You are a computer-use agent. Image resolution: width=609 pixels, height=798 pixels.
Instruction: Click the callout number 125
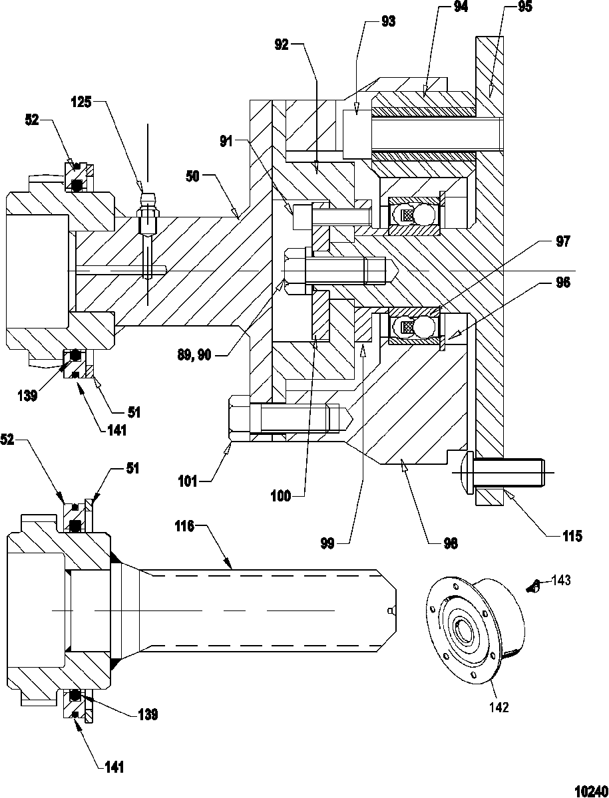81,102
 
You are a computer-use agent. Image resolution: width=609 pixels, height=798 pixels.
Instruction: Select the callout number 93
388,22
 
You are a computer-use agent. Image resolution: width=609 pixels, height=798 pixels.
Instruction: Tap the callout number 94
461,7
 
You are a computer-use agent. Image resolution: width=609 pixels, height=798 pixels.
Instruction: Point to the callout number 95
524,7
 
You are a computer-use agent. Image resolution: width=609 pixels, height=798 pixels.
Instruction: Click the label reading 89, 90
194,355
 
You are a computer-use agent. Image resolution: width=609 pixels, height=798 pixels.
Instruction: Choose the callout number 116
184,526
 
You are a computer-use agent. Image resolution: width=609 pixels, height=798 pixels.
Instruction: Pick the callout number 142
499,707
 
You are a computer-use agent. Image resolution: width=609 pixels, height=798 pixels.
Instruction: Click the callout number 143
561,581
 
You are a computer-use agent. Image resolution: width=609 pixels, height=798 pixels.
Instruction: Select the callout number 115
572,536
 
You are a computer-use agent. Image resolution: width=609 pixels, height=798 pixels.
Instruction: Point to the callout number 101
188,482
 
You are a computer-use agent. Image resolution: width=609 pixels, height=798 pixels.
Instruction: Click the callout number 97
563,242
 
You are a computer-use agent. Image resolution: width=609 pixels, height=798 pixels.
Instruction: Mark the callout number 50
193,177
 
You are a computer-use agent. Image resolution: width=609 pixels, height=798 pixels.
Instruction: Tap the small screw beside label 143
534,587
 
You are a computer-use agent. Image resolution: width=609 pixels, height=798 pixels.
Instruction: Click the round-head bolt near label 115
502,473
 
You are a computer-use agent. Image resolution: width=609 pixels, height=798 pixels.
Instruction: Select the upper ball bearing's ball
424,215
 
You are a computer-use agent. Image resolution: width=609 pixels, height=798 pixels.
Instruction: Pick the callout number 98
451,544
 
